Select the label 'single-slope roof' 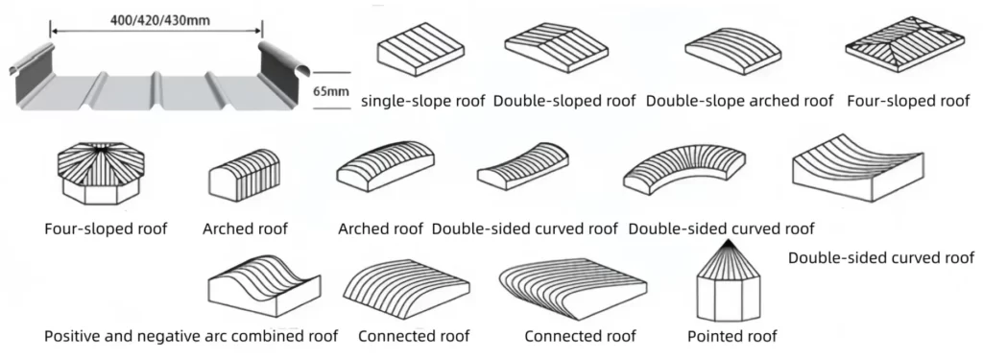click(x=422, y=101)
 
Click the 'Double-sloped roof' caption click(x=563, y=101)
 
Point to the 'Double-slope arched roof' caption click(x=739, y=101)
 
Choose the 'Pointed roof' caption click(x=732, y=336)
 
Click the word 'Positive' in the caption click(x=74, y=336)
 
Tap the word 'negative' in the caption click(x=177, y=336)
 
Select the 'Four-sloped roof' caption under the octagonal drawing click(x=106, y=228)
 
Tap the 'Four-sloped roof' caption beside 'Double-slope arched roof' click(x=908, y=101)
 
